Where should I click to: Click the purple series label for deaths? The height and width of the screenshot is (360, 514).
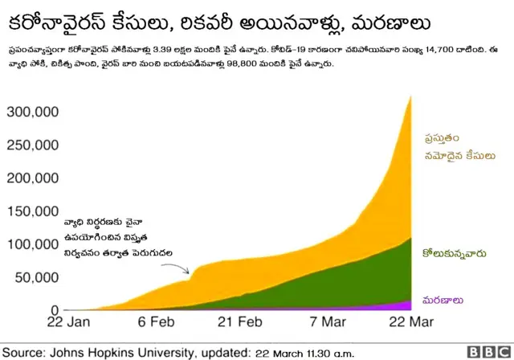click(x=444, y=301)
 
